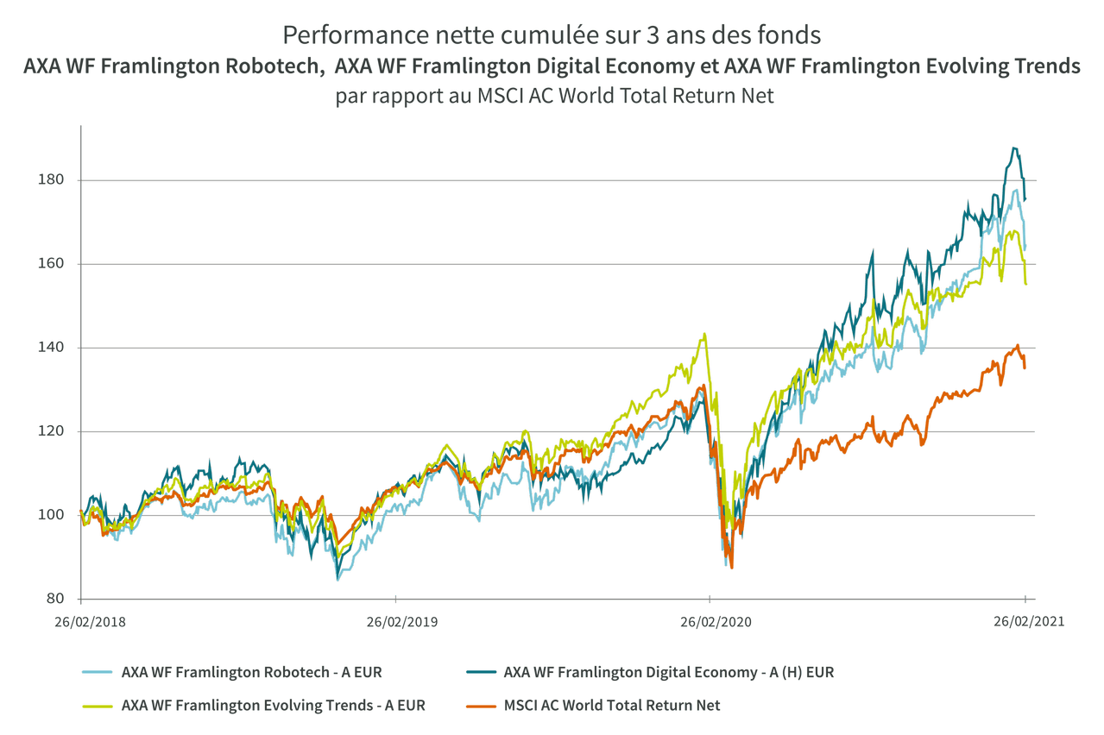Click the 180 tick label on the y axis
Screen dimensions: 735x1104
coord(60,180)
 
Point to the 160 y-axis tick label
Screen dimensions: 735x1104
coord(60,264)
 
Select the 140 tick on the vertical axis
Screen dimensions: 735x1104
coord(60,348)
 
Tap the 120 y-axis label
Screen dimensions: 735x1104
coord(60,431)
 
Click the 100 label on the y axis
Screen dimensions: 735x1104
coord(60,515)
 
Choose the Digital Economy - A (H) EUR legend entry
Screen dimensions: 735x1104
coord(668,671)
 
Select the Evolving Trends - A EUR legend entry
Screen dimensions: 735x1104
coord(273,706)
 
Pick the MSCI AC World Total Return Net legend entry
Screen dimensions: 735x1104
coord(612,706)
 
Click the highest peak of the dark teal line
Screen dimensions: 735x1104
coord(1015,148)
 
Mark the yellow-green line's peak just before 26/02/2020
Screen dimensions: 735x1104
coord(705,334)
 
